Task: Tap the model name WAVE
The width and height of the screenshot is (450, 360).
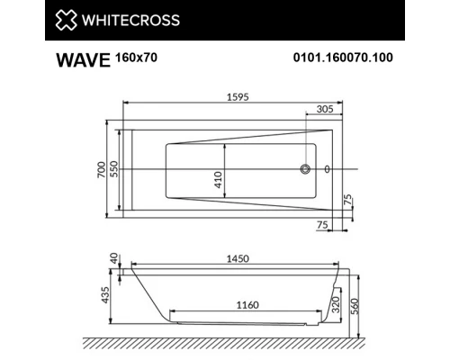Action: click(78, 63)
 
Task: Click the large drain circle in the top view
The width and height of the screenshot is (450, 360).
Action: click(306, 168)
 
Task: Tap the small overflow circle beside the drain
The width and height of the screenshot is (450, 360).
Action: click(327, 168)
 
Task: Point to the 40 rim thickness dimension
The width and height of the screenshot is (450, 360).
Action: click(114, 258)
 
